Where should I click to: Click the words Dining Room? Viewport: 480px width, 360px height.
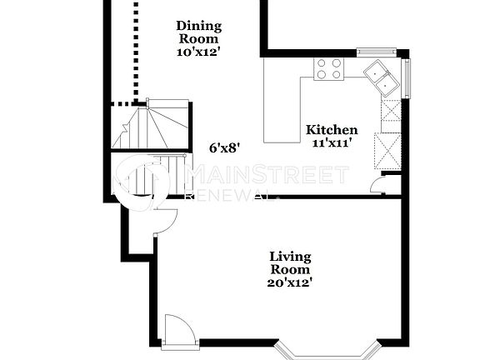[197, 32]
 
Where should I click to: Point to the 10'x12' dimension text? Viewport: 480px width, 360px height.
[197, 52]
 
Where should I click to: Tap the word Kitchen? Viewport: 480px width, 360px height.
[332, 130]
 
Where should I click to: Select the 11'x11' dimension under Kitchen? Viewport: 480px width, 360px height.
[332, 142]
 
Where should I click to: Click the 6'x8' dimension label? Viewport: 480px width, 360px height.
[225, 147]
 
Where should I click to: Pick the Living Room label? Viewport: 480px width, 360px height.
[289, 262]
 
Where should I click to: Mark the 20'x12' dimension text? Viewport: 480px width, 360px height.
[289, 282]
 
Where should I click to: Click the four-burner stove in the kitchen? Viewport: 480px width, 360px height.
[328, 68]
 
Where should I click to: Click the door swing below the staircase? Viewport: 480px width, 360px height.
[165, 218]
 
